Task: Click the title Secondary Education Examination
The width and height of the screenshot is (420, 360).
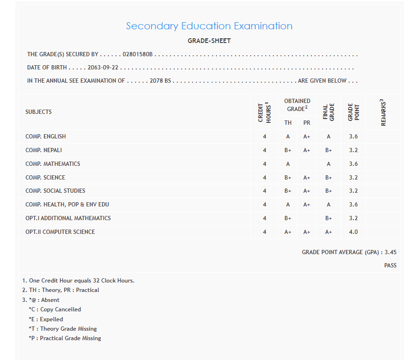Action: click(209, 26)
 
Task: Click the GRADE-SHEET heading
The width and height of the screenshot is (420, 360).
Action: click(209, 41)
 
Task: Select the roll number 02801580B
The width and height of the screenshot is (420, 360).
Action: click(138, 54)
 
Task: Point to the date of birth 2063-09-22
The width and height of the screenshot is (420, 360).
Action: click(103, 68)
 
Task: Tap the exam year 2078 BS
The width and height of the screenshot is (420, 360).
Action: click(160, 81)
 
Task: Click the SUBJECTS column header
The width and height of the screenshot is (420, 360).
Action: click(39, 112)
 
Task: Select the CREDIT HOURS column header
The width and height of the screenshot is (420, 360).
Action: click(264, 112)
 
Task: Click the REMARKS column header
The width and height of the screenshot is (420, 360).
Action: click(383, 112)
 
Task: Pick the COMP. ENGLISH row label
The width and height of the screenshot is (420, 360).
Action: click(46, 137)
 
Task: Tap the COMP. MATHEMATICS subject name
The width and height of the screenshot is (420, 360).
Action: click(53, 164)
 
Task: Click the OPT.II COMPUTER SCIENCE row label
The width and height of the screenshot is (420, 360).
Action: click(60, 232)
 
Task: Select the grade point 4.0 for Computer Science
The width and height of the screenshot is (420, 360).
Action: click(353, 232)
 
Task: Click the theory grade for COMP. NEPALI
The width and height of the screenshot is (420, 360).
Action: click(288, 150)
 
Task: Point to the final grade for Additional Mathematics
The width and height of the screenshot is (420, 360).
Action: click(329, 218)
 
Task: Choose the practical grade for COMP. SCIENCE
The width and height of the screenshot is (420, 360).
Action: click(307, 178)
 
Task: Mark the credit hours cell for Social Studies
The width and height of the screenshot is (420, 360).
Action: click(264, 191)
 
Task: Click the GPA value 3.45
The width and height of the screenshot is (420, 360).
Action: click(391, 252)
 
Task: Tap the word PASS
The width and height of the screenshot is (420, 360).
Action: click(390, 266)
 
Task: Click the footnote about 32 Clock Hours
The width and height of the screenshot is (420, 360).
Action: click(79, 281)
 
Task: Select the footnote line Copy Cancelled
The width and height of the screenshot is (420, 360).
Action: click(55, 309)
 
